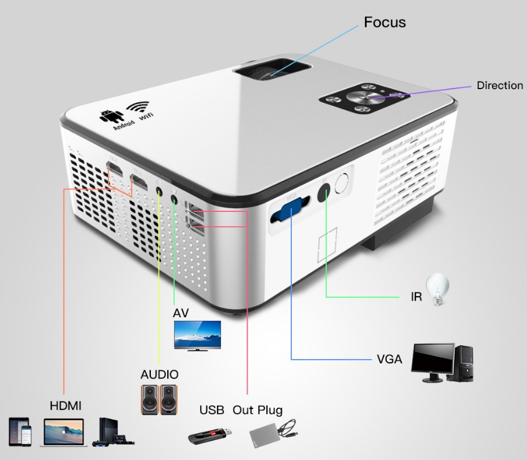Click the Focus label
click(x=384, y=23)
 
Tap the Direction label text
click(x=500, y=86)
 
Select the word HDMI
click(x=65, y=406)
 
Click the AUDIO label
click(x=159, y=375)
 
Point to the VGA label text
click(x=389, y=360)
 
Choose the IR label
click(x=416, y=297)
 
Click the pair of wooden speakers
click(x=158, y=400)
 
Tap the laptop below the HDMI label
click(x=64, y=432)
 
